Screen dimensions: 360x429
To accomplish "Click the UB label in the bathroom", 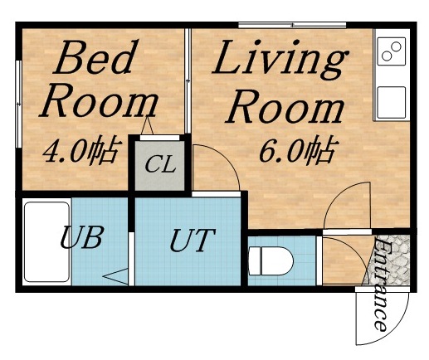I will click(80, 238).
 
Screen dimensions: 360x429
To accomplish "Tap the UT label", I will click(192, 242).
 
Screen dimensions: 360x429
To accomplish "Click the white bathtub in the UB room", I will click(46, 241).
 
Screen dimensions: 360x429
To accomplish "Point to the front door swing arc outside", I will click(382, 319).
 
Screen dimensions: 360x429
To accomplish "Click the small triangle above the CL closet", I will click(149, 126).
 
